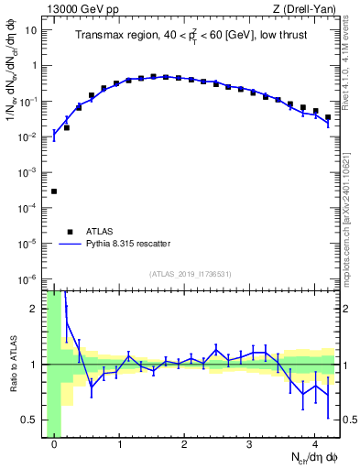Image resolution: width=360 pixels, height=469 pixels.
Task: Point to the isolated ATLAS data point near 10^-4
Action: (x=54, y=191)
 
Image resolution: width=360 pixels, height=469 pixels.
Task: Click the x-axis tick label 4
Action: (x=314, y=445)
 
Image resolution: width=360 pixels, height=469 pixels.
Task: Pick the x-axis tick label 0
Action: (x=54, y=445)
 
